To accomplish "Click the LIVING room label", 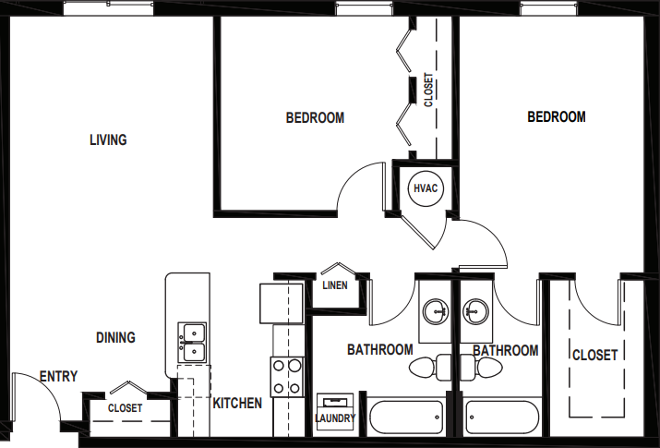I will [108, 140].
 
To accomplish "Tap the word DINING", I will [115, 338].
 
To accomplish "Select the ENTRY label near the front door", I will [58, 377].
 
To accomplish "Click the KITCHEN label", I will [237, 404].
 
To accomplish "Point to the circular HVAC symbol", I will [425, 188].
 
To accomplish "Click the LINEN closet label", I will [335, 285].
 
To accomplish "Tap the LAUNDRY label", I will [335, 418].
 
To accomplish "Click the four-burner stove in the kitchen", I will [287, 376].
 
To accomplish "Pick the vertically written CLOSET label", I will [428, 91].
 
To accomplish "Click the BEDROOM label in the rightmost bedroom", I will [557, 117].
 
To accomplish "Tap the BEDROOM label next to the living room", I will [315, 118].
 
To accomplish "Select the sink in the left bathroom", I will [435, 312].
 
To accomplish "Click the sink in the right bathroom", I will [475, 312].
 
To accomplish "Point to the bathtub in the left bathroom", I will [406, 418].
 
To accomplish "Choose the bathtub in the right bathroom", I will [501, 418].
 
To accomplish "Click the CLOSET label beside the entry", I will [125, 407].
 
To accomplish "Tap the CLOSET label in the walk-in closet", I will [594, 356].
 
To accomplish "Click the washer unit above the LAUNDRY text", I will [335, 403].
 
